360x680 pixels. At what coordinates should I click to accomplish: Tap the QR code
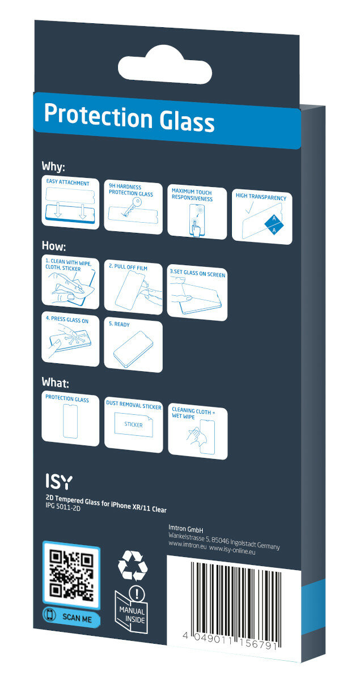pyautogui.click(x=71, y=576)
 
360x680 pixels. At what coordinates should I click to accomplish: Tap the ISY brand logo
pyautogui.click(x=59, y=482)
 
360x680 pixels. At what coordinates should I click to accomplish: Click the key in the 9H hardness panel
pyautogui.click(x=132, y=207)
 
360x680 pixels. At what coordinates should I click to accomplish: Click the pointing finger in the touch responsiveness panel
pyautogui.click(x=196, y=228)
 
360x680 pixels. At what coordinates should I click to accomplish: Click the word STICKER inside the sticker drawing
pyautogui.click(x=133, y=424)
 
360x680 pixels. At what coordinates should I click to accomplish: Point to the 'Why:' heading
pyautogui.click(x=53, y=167)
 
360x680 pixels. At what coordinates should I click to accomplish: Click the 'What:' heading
pyautogui.click(x=56, y=382)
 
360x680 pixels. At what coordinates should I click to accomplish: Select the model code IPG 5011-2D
pyautogui.click(x=63, y=507)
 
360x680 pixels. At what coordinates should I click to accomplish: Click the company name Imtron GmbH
pyautogui.click(x=185, y=529)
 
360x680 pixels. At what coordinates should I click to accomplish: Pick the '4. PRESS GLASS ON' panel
pyautogui.click(x=70, y=339)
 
